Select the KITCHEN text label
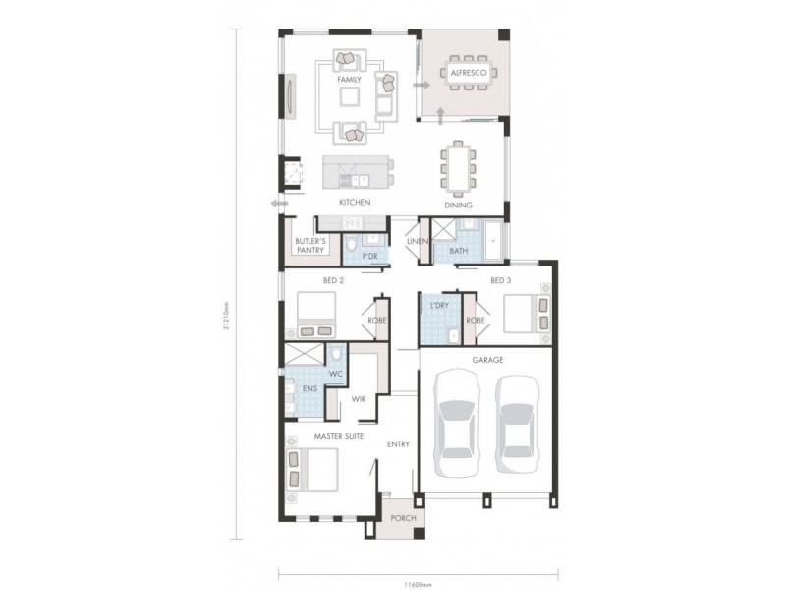coord(355,203)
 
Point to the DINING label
coord(458,206)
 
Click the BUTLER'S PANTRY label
coord(310,246)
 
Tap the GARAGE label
coord(487,361)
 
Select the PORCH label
coord(401,518)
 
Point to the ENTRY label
coord(398,444)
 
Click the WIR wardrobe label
coord(360,399)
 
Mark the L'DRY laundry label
coord(439,306)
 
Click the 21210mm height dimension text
coord(227,319)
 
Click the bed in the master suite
coord(311,468)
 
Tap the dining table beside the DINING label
coord(458,167)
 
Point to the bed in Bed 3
coord(526,315)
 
